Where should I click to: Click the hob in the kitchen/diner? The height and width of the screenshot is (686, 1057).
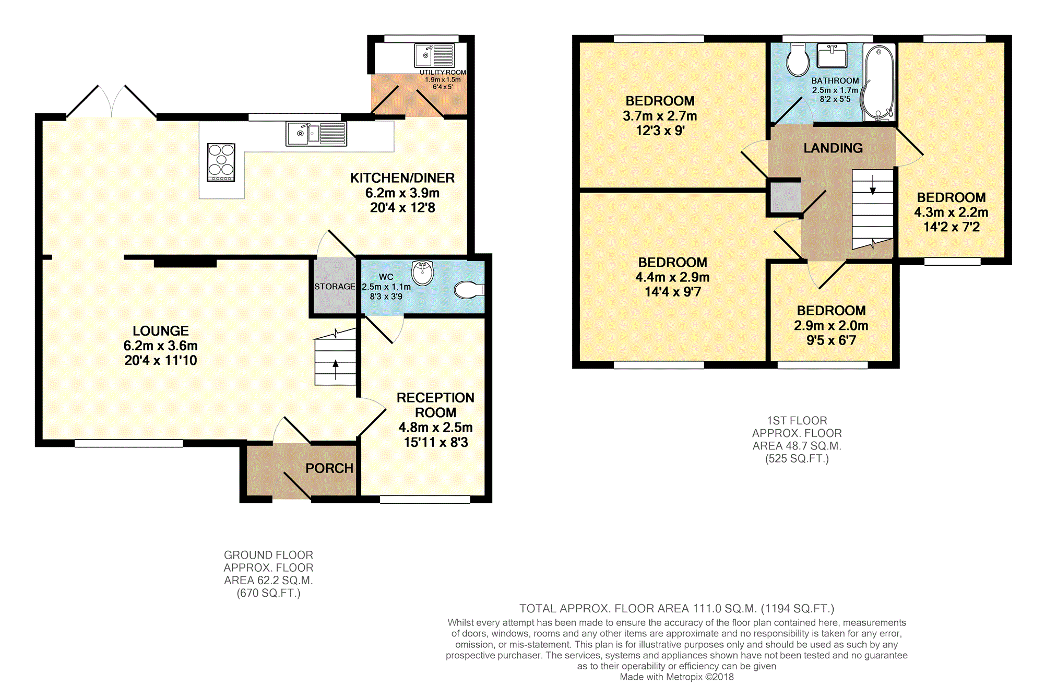pos(221,162)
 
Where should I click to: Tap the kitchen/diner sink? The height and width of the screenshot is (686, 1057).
pos(316,134)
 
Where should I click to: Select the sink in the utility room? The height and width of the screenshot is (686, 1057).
pos(434,56)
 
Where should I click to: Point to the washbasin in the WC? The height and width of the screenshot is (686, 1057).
pos(422,273)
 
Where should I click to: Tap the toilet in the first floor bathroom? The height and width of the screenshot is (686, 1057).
pos(798,60)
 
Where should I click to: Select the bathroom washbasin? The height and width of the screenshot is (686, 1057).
pos(832,56)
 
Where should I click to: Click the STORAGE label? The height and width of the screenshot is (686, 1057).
pos(335,287)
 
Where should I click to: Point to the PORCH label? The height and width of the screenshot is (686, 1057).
pos(329,468)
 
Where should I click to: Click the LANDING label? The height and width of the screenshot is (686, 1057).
pos(833,148)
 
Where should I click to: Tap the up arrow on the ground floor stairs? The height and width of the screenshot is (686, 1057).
pos(335,370)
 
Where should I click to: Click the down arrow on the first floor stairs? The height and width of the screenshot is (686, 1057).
pos(873,185)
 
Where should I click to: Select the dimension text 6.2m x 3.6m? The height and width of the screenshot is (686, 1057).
pos(161,346)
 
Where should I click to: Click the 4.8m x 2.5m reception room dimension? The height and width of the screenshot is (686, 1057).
pos(436,428)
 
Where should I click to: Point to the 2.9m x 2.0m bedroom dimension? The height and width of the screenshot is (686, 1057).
pos(831,326)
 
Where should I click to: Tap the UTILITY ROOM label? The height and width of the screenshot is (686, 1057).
pos(443,73)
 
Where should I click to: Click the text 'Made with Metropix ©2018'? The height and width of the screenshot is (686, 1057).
pos(676,677)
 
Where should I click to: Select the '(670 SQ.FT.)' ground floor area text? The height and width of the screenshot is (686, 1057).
pos(269,593)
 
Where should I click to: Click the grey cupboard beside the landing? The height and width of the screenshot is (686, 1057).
pos(785,197)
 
